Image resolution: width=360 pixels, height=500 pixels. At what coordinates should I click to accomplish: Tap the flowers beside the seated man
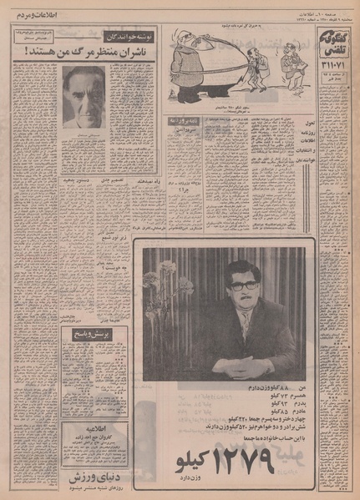(163, 284)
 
